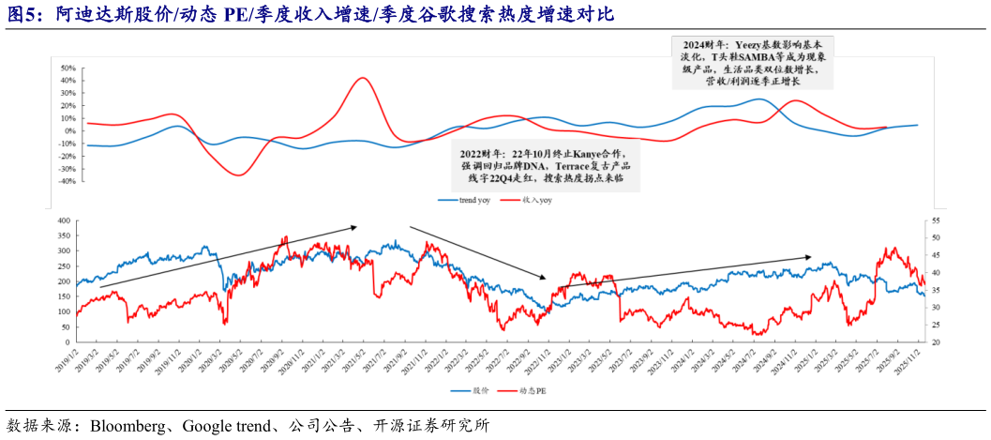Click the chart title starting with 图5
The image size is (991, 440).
point(309,13)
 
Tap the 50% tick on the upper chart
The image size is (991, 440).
point(67,68)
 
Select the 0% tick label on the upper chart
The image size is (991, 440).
point(69,131)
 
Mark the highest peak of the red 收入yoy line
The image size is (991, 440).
point(362,78)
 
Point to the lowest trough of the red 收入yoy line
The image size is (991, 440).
point(239,174)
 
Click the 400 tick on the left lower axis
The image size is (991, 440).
point(63,220)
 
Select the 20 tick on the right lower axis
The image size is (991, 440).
point(934,342)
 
